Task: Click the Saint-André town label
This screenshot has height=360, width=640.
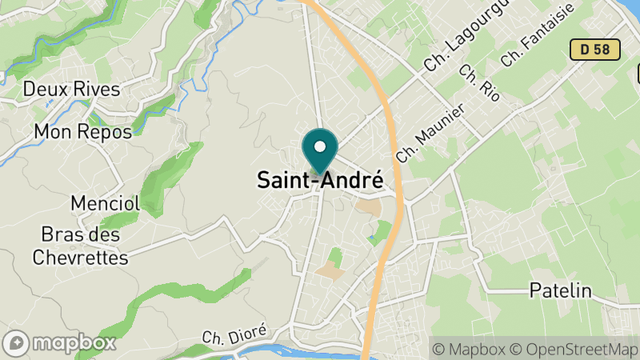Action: (319, 181)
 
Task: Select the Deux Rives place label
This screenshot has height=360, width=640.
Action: (72, 89)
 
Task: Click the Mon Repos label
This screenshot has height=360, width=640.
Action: (83, 132)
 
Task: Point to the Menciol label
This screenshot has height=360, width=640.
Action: (105, 203)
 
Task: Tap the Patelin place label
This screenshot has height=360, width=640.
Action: (560, 290)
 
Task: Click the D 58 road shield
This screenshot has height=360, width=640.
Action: (595, 50)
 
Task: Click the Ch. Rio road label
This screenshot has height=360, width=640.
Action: (479, 83)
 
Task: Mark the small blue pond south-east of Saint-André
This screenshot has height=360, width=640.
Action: (373, 238)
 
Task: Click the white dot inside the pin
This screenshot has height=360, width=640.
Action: (320, 147)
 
